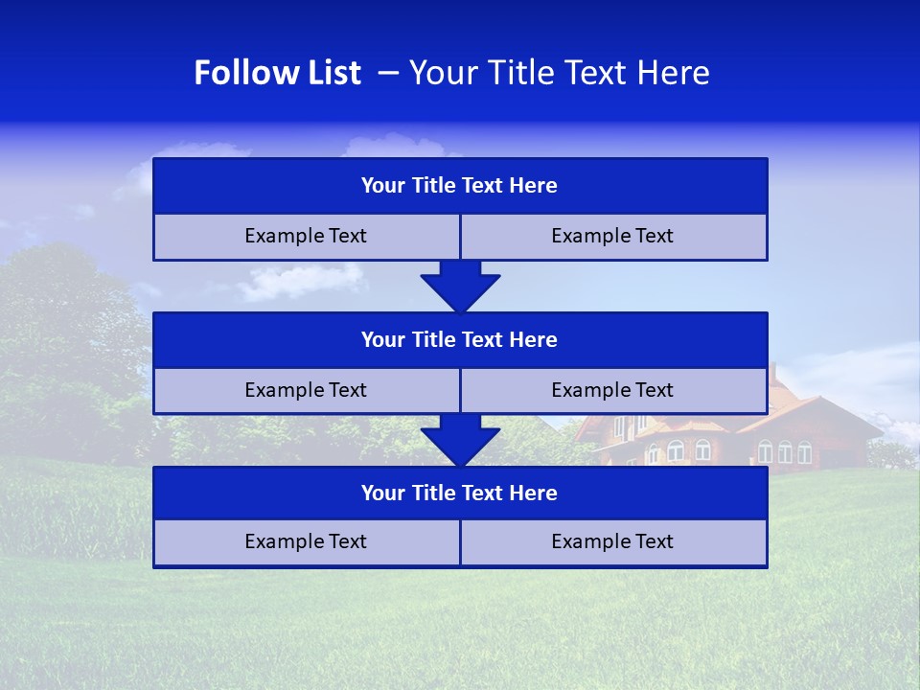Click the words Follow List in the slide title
[277, 73]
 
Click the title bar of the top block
[460, 186]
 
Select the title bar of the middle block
[460, 339]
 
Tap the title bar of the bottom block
[460, 493]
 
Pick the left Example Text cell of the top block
[306, 236]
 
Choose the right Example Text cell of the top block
[612, 236]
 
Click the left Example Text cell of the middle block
[306, 390]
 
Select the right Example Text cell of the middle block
[612, 390]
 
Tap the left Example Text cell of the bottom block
[306, 541]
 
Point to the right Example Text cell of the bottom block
[612, 541]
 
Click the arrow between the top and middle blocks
[460, 286]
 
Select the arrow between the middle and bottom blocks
[460, 440]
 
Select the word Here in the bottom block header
[534, 493]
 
